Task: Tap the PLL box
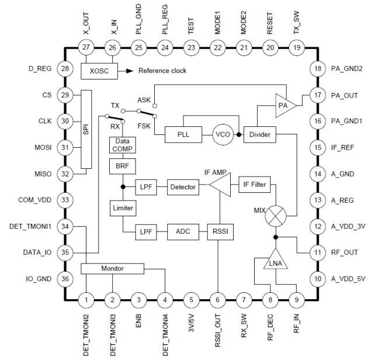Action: click(182, 134)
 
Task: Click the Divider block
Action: click(259, 134)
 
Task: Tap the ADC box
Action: click(183, 231)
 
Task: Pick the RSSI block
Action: click(217, 231)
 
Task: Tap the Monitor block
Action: click(113, 268)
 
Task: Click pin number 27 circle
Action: click(86, 47)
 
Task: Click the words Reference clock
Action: click(162, 71)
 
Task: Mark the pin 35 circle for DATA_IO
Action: click(65, 252)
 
